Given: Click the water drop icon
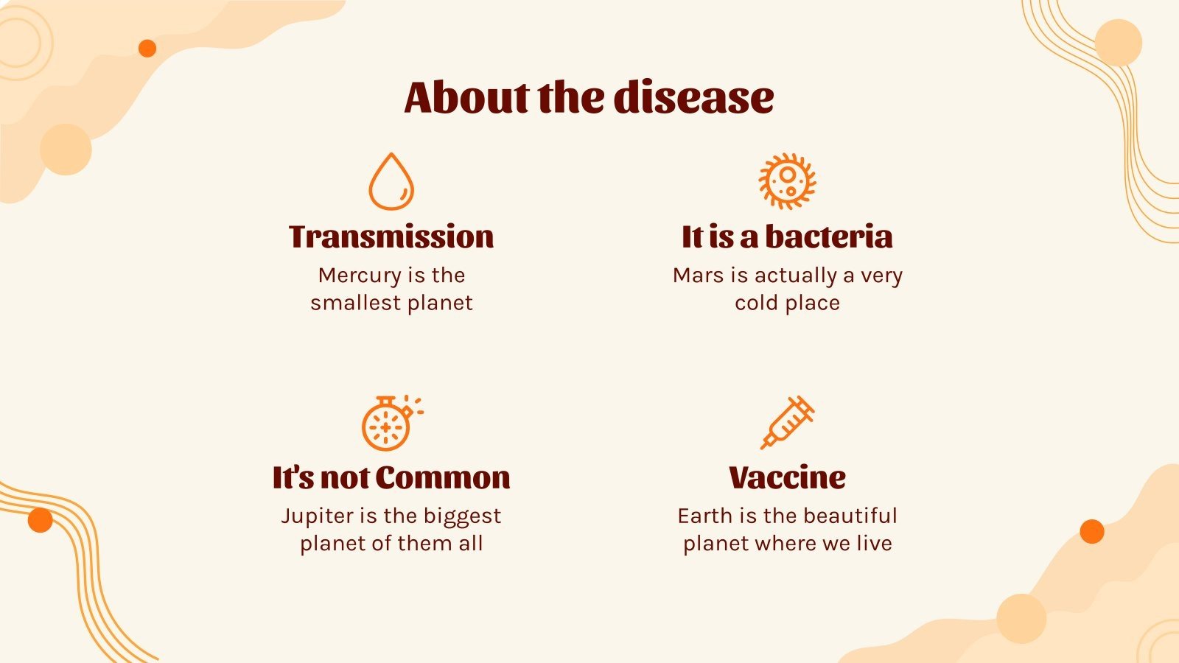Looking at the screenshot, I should pyautogui.click(x=391, y=182).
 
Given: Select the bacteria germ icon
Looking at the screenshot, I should pyautogui.click(x=787, y=181).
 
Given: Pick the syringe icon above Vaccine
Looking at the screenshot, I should pyautogui.click(x=787, y=422).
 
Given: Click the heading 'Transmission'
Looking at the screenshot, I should pyautogui.click(x=391, y=236).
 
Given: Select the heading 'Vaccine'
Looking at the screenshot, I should pyautogui.click(x=787, y=477).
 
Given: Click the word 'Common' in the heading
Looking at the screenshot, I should pyautogui.click(x=443, y=477).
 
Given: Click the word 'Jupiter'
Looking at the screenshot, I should pyautogui.click(x=317, y=516).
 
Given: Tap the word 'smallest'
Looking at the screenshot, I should pyautogui.click(x=354, y=303).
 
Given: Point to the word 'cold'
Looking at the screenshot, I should pyautogui.click(x=756, y=303).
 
